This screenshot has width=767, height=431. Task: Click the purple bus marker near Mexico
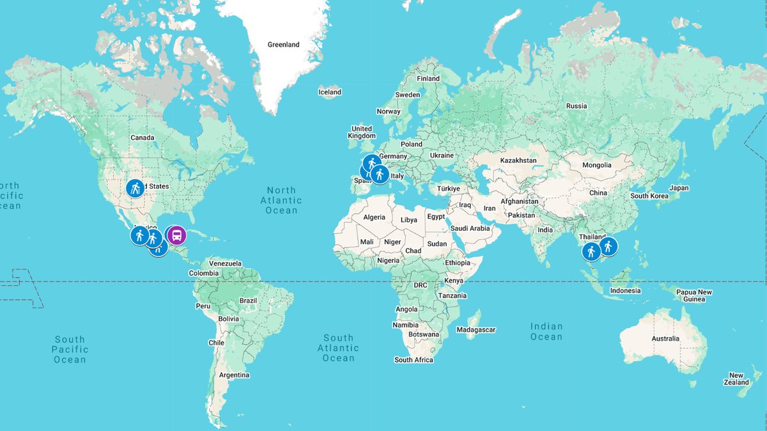pos(176,235)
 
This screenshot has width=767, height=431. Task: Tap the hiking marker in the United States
pos(134,188)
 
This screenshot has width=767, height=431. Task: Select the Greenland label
pos(283,45)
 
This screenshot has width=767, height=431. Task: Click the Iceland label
pos(330,92)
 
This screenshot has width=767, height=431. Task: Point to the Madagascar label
pos(476,330)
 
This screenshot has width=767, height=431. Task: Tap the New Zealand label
pos(736,379)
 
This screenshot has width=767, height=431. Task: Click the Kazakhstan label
pos(518,161)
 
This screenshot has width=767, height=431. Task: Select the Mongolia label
pos(597,165)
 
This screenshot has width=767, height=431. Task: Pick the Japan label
pos(679,188)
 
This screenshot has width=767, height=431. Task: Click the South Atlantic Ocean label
pos(338,348)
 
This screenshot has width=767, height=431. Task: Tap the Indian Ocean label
pos(546,331)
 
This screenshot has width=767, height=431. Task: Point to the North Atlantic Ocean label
pos(282,200)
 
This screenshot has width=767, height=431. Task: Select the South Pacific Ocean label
pos(70,350)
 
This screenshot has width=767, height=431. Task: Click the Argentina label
pos(234,375)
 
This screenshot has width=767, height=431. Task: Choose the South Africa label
pos(414,360)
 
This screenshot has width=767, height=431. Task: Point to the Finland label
pos(428,79)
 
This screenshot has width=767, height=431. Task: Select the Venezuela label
pos(226,263)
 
